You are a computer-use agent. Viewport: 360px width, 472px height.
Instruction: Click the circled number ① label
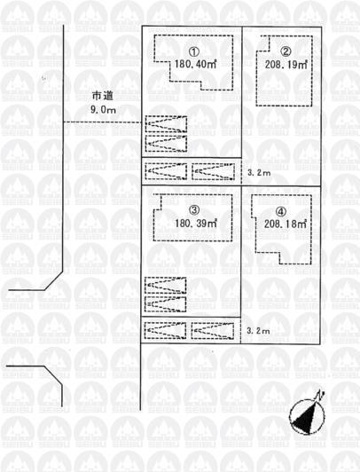pos(195,51)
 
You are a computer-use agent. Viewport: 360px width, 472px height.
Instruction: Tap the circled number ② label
pos(286,51)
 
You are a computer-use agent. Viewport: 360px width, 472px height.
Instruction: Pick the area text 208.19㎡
pos(286,65)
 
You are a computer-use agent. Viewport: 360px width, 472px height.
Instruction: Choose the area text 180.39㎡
pos(197,224)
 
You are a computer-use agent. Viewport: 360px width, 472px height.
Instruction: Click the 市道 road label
pos(103,96)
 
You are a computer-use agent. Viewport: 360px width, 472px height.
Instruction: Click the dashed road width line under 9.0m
pos(102,122)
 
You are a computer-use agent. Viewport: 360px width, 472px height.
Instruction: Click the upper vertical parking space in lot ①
pos(166,125)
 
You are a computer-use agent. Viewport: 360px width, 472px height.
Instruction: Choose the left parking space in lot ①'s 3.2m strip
pos(166,169)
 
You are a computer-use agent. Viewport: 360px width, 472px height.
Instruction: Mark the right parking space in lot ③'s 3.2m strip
pos(214,331)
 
